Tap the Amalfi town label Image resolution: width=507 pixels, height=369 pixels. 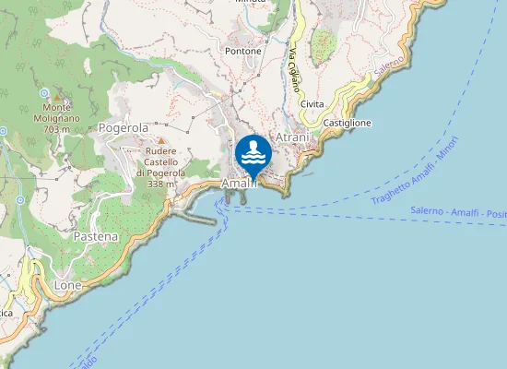pyautogui.click(x=238, y=184)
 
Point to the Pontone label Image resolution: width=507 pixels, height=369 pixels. pyautogui.click(x=243, y=51)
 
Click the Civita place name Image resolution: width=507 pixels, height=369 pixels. pyautogui.click(x=312, y=104)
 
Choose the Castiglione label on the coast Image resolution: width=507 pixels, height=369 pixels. pyautogui.click(x=348, y=123)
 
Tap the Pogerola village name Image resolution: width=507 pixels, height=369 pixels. pyautogui.click(x=124, y=128)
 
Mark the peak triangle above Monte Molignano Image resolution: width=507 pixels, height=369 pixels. pyautogui.click(x=57, y=97)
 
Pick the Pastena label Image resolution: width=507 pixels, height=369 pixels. pyautogui.click(x=96, y=236)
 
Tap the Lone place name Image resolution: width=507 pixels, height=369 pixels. pyautogui.click(x=68, y=286)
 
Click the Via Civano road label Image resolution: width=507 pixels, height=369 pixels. pyautogui.click(x=294, y=70)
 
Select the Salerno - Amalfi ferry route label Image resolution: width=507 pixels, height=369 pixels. pyautogui.click(x=452, y=214)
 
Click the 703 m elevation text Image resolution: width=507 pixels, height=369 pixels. pyautogui.click(x=56, y=130)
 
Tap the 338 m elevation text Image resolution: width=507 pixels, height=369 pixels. pyautogui.click(x=161, y=184)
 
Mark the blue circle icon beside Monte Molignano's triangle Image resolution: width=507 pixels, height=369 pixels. pyautogui.click(x=43, y=93)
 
